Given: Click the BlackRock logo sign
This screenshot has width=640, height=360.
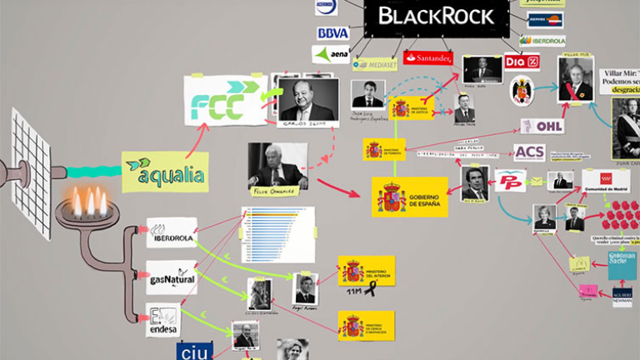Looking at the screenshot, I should pyautogui.click(x=436, y=16).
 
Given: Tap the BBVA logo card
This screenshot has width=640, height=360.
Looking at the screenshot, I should pyautogui.click(x=332, y=32).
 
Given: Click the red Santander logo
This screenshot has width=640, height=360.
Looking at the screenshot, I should pyautogui.click(x=427, y=57).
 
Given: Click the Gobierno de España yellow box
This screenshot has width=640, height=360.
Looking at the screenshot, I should pyautogui.click(x=409, y=197).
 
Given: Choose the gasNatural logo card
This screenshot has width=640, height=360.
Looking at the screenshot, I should pyautogui.click(x=171, y=277).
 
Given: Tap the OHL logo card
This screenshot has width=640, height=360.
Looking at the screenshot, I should pyautogui.click(x=542, y=126).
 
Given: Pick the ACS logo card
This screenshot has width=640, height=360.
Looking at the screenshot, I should pyautogui.click(x=529, y=152).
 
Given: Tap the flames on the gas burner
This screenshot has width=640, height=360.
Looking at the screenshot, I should pyautogui.click(x=87, y=202).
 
